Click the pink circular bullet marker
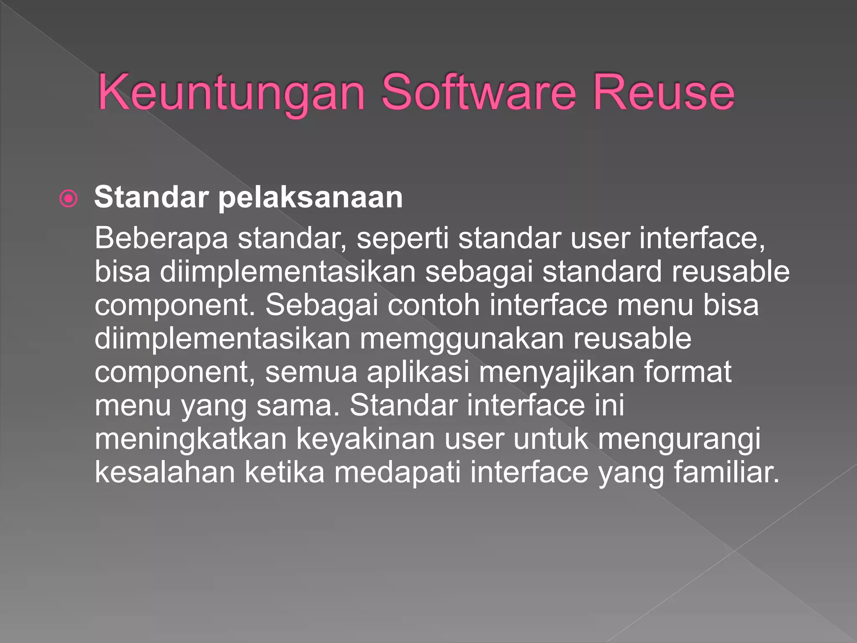point(69,199)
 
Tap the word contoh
point(434,305)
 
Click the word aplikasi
point(418,372)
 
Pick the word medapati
point(397,472)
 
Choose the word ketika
point(285,472)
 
